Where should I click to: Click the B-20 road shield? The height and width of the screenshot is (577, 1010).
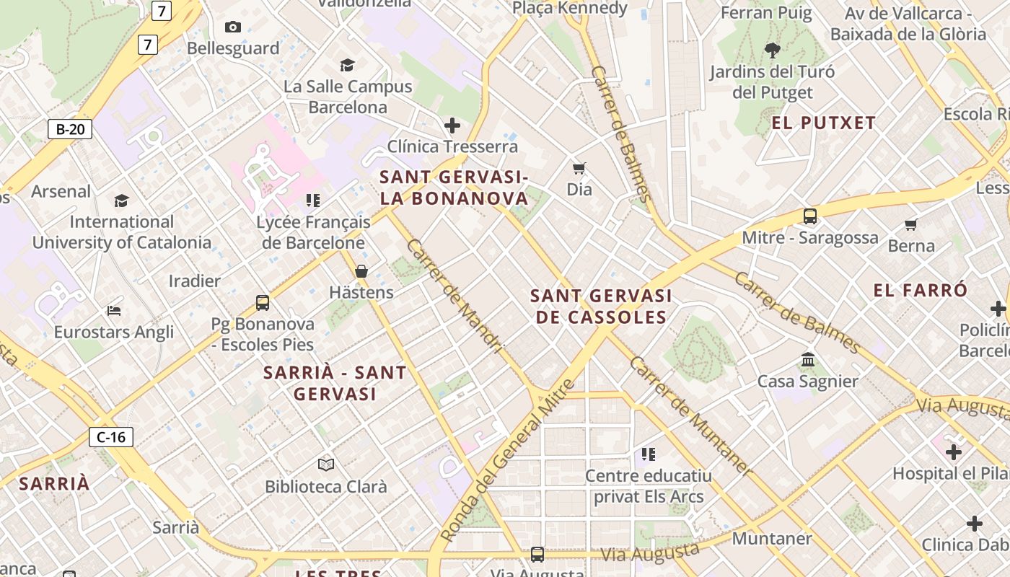(x=70, y=130)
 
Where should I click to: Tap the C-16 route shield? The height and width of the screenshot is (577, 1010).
(x=111, y=436)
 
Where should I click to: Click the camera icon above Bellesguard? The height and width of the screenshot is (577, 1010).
(x=233, y=27)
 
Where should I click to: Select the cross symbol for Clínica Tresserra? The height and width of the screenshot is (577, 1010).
(x=452, y=125)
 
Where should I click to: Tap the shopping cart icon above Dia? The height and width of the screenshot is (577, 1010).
(x=579, y=169)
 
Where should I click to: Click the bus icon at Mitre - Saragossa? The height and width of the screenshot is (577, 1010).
(x=810, y=216)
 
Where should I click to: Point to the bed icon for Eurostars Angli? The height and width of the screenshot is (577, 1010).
(x=114, y=311)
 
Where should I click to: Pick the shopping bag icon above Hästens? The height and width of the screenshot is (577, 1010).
(x=361, y=271)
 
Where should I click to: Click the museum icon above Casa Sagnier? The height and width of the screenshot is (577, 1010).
(x=808, y=359)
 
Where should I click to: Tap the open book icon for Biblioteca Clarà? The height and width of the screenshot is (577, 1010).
(x=326, y=464)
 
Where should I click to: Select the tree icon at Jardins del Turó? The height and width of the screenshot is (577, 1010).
(x=773, y=50)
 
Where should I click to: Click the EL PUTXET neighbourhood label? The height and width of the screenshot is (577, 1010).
(x=823, y=123)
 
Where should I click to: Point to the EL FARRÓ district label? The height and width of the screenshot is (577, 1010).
(x=920, y=291)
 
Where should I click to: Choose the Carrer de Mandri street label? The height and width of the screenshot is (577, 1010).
(x=454, y=296)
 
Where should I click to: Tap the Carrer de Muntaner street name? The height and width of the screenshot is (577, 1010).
(x=690, y=415)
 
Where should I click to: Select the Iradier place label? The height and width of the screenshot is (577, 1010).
(x=195, y=281)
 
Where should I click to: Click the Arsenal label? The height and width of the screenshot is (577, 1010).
(x=61, y=191)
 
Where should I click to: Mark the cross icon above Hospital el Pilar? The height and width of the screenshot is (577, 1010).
(x=954, y=452)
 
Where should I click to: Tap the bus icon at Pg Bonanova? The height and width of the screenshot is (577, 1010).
(x=263, y=303)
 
